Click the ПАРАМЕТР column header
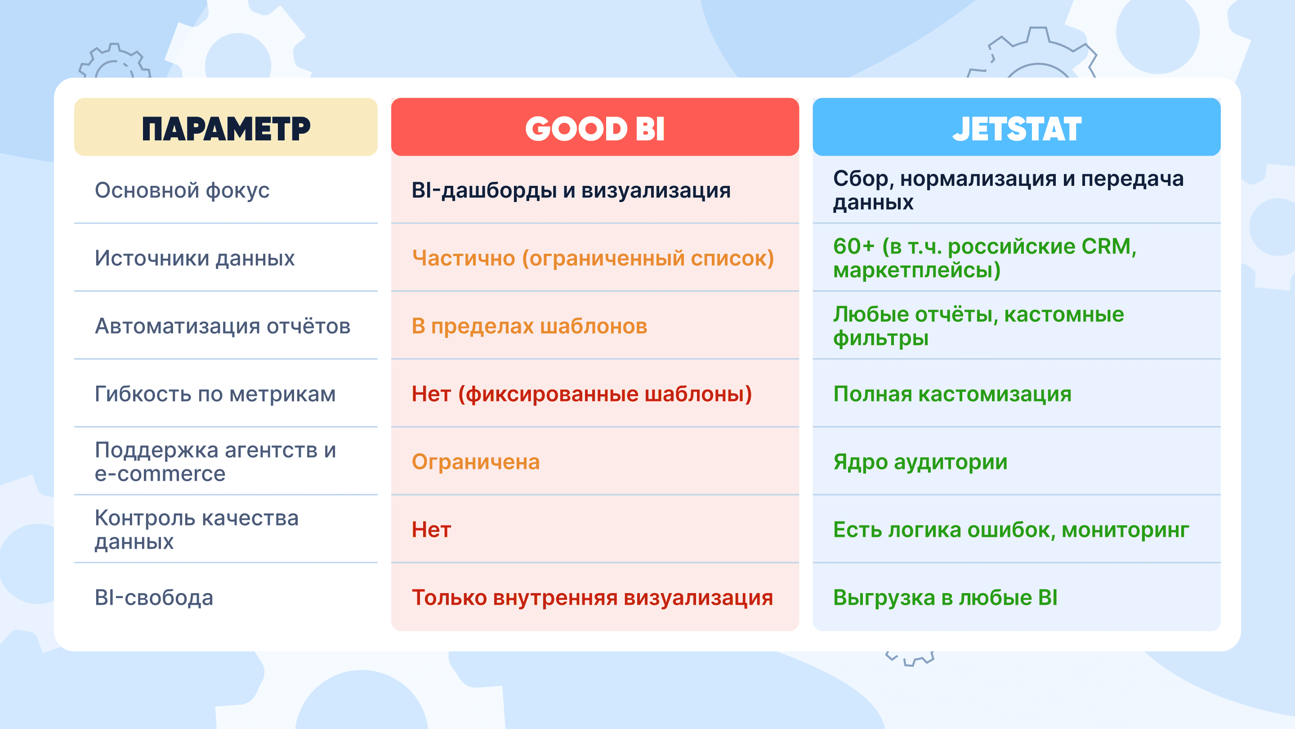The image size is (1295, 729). pyautogui.click(x=226, y=129)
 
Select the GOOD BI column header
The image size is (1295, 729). pyautogui.click(x=595, y=129)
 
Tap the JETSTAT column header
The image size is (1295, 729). pyautogui.click(x=1017, y=129)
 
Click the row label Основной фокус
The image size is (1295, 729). pyautogui.click(x=182, y=190)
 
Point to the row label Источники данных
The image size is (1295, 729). pyautogui.click(x=195, y=259)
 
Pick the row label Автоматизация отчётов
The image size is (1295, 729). pyautogui.click(x=223, y=326)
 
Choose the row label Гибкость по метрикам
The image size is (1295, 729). pyautogui.click(x=215, y=394)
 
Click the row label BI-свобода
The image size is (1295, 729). pyautogui.click(x=154, y=598)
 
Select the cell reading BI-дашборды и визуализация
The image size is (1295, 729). pyautogui.click(x=571, y=190)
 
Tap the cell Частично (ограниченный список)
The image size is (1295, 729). pyautogui.click(x=593, y=259)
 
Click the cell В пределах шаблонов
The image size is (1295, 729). pyautogui.click(x=529, y=326)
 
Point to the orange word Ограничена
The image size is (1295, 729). pyautogui.click(x=476, y=462)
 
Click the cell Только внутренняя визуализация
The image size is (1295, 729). pyautogui.click(x=592, y=598)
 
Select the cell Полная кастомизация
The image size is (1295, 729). pyautogui.click(x=952, y=394)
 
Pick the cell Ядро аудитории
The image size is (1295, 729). pyautogui.click(x=920, y=462)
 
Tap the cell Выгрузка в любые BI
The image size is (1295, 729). pyautogui.click(x=945, y=598)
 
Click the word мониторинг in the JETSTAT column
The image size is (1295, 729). pyautogui.click(x=1125, y=530)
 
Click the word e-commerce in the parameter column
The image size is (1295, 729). pyautogui.click(x=160, y=474)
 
